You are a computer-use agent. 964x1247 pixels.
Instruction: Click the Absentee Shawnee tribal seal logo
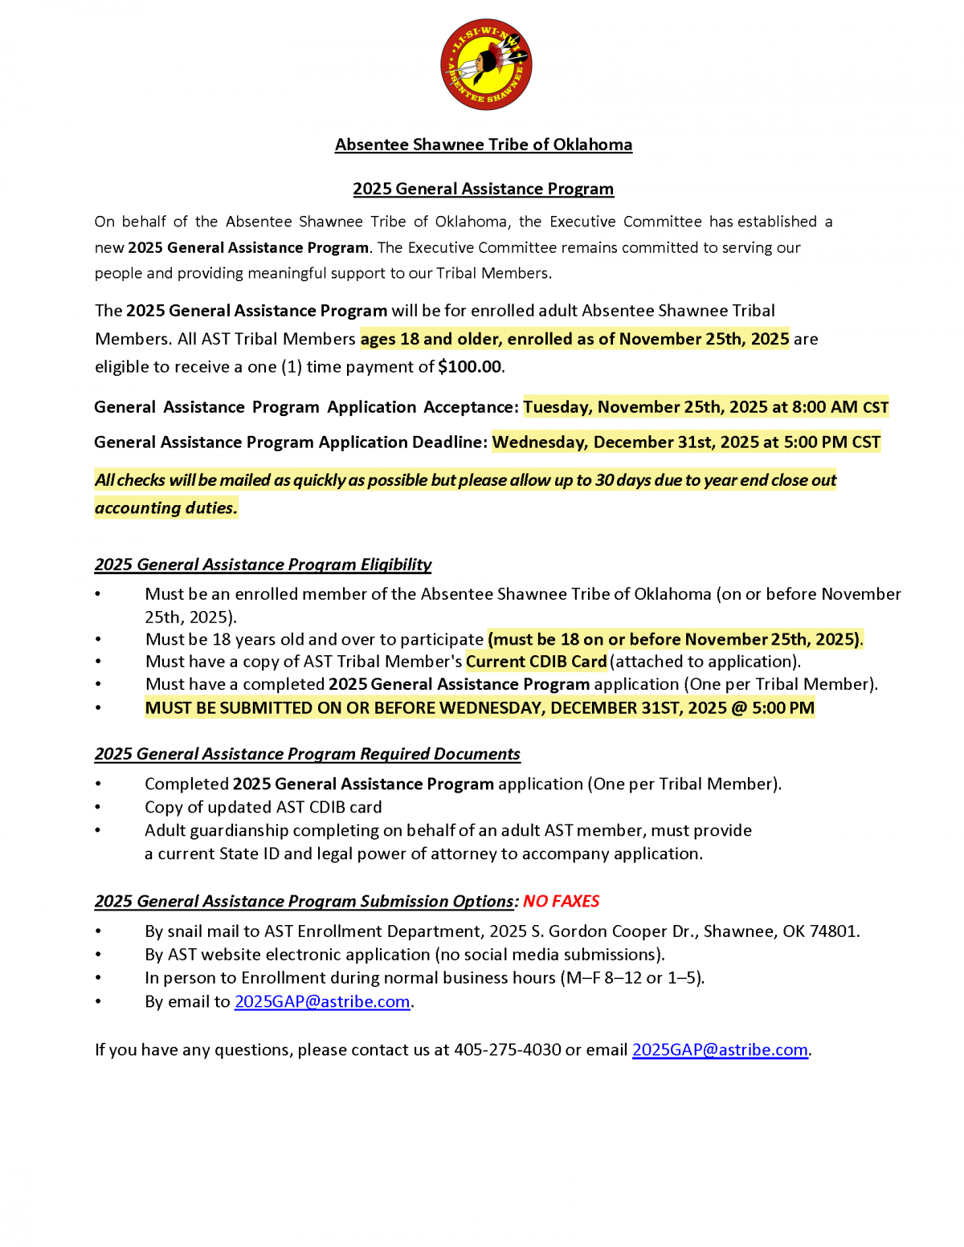[486, 65]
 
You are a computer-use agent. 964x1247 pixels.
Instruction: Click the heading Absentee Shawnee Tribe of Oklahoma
[484, 145]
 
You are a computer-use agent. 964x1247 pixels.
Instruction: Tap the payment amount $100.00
[470, 367]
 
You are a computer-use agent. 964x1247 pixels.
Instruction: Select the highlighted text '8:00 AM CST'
[840, 407]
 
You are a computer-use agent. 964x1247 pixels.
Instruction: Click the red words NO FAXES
[561, 901]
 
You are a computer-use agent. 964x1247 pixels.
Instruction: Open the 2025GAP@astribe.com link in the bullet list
[322, 1001]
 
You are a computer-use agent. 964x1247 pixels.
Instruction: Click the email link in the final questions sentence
[720, 1049]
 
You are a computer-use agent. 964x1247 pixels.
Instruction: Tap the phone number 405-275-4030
[508, 1049]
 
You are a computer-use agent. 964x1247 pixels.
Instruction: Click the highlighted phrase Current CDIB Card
[536, 662]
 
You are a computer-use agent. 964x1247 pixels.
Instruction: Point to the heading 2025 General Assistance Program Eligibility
[263, 564]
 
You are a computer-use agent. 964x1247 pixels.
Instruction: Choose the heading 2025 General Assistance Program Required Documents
[308, 754]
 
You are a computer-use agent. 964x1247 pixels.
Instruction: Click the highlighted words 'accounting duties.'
[166, 507]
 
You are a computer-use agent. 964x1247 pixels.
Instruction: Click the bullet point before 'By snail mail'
[98, 931]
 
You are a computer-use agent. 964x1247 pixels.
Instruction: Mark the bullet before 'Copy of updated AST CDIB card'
[98, 807]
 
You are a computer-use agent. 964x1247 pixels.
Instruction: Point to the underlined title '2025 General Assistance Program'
[484, 189]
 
